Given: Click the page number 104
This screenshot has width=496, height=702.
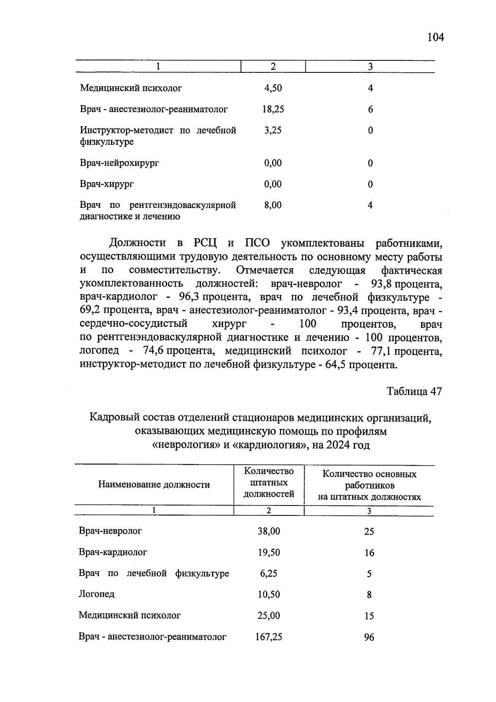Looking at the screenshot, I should pos(435,38).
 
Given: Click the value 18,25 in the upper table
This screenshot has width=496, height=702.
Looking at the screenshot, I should pos(273,109).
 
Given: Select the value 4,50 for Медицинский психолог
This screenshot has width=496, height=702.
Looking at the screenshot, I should pos(273,88).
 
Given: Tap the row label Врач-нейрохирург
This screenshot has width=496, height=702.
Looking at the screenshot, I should pos(119,163).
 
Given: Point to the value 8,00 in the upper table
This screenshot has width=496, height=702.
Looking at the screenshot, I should pos(273,205).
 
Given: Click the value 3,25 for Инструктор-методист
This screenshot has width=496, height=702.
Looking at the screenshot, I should pos(273,130).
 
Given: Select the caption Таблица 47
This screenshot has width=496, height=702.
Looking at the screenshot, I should pos(414,391).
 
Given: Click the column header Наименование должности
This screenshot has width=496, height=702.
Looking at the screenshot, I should pos(154,484).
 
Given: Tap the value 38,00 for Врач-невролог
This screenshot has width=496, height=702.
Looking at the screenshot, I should pos(269,531).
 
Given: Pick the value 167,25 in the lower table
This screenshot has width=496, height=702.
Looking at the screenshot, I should pos(269,637).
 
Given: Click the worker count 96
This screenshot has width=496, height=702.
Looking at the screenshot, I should pos(369,637).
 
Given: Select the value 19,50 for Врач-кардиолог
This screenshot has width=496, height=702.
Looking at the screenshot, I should pos(269,552).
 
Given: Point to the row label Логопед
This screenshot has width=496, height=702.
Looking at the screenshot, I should pos(97,594).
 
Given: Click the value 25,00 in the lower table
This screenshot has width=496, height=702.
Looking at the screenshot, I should pos(269,616).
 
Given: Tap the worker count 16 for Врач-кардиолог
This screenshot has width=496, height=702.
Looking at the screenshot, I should pos(369,553).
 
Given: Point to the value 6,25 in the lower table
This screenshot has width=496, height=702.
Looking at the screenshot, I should pos(269,573).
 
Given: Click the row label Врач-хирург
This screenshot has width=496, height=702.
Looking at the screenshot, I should pos(107,184).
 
